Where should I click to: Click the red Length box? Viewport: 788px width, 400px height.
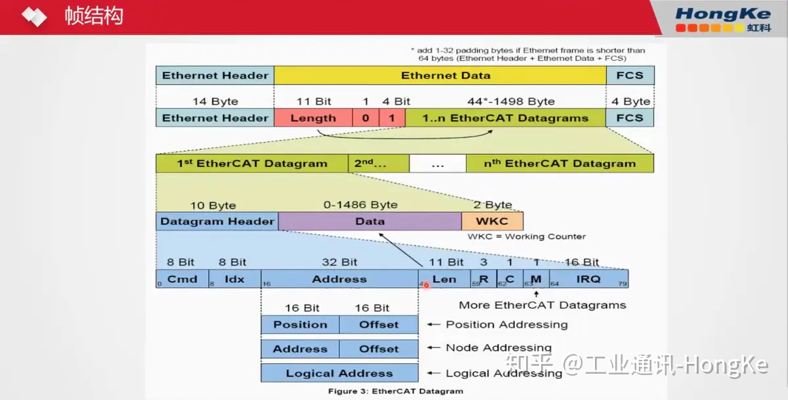313,118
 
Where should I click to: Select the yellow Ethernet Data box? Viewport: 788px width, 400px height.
440,76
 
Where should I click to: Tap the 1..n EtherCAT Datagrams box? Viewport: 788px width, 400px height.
506,118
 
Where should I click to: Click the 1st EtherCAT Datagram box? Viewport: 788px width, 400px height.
252,164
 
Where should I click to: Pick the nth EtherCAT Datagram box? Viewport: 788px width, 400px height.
559,164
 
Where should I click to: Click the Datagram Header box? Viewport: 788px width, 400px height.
217,221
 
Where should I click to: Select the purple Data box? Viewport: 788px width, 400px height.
370,221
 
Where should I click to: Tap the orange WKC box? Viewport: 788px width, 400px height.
492,221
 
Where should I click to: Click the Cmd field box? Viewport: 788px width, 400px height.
182,279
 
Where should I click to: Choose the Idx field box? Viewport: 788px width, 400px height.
234,279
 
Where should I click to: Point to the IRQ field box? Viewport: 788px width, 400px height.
588,279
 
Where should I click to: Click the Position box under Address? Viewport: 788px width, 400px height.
300,324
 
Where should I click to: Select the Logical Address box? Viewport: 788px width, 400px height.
339,373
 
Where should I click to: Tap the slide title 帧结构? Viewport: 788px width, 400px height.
94,16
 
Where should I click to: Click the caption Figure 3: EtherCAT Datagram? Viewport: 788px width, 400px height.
396,391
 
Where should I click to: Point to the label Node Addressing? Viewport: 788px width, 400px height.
498,348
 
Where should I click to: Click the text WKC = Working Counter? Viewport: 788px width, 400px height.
527,236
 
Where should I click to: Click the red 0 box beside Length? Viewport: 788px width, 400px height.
366,118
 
